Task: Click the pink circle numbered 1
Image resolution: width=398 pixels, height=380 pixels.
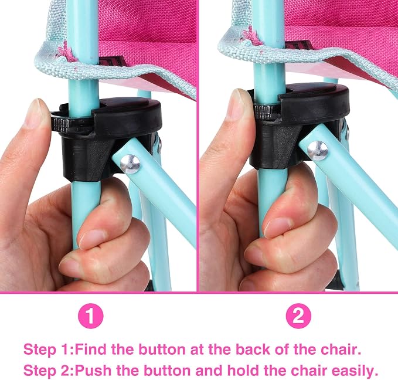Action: [x=91, y=315]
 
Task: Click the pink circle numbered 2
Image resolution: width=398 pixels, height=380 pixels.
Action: [x=298, y=315]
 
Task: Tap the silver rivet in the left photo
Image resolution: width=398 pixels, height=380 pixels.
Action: [x=130, y=164]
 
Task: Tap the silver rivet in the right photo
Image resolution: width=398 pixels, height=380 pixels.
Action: [x=317, y=151]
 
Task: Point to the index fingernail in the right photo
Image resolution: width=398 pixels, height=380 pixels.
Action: [x=236, y=104]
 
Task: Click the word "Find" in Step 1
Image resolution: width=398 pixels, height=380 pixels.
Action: [x=91, y=350]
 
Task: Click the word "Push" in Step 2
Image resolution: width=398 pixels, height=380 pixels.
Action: [x=92, y=371]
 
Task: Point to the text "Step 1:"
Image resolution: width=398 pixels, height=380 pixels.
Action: [x=49, y=350]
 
